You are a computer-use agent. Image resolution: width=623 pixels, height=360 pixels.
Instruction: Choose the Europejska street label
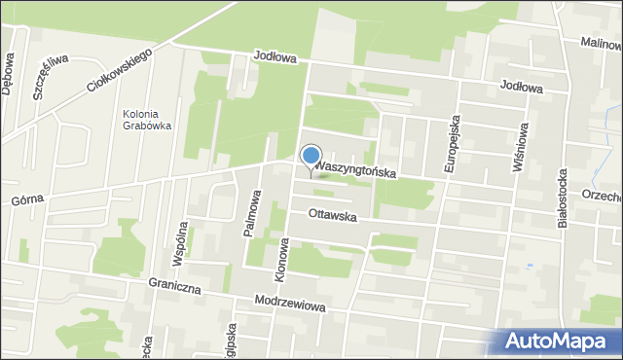click(451, 146)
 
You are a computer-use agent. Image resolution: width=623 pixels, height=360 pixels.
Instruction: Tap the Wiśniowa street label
click(523, 147)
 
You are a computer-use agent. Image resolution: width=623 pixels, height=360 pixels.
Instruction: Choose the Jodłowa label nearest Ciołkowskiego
click(274, 57)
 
